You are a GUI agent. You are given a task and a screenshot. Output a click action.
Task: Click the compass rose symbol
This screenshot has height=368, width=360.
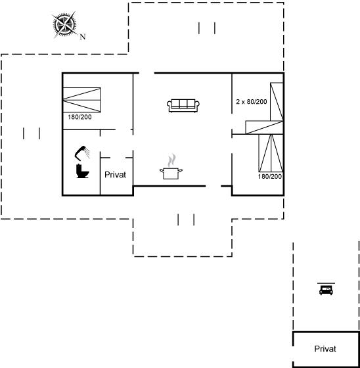[x=64, y=24]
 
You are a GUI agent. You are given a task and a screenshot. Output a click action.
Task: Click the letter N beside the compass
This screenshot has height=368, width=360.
[x=83, y=37]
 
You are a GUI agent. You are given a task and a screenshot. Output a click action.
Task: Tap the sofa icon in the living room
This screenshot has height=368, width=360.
[x=183, y=105]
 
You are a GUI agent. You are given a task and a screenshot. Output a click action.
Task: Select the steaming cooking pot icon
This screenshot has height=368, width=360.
[x=171, y=167]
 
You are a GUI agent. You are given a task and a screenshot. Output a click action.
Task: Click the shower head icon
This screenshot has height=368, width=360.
[x=82, y=152]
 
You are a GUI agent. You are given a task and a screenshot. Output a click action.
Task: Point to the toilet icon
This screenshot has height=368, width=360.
[x=82, y=171]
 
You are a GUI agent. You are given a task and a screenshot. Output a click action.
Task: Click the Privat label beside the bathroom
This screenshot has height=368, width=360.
[x=115, y=175]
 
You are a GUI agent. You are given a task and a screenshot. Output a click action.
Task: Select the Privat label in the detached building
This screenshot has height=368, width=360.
[x=325, y=349]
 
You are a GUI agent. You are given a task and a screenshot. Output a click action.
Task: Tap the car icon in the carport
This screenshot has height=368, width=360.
[x=326, y=289]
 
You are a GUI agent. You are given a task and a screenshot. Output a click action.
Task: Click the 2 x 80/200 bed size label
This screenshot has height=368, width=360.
[x=252, y=102]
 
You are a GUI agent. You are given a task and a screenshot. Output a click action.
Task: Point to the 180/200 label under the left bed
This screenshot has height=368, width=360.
[x=79, y=117]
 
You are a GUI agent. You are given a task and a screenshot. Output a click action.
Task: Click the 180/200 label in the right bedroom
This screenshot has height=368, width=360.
[x=270, y=176]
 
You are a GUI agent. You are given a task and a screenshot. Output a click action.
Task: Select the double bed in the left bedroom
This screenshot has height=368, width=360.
[x=82, y=100]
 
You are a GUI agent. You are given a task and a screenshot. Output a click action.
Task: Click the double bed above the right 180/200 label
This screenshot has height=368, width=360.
[x=271, y=153]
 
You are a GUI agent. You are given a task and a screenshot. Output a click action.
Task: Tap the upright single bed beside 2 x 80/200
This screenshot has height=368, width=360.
[x=277, y=102]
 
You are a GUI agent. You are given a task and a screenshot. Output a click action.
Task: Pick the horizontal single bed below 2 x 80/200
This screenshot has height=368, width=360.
[x=264, y=127]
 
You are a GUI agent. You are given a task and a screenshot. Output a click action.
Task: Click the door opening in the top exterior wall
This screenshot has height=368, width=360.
[x=146, y=73]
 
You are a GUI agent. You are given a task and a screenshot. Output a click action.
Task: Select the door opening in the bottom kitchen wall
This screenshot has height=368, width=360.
[x=214, y=186]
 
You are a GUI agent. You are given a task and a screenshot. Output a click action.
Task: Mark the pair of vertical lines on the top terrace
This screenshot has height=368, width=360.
[x=207, y=28]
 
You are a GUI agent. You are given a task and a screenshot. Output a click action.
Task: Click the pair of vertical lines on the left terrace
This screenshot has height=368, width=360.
[x=32, y=133]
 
